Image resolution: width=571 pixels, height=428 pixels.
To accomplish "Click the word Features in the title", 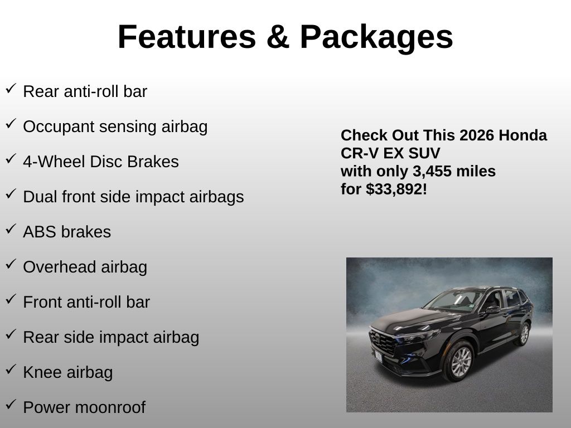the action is click(187, 37).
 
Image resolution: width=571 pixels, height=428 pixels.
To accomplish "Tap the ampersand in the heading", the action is click(278, 37).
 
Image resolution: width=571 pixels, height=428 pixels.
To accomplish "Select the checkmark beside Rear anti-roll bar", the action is click(11, 89).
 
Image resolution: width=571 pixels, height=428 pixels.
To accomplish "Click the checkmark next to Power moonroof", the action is click(11, 404).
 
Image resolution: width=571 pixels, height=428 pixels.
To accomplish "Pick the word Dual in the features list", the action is click(40, 197).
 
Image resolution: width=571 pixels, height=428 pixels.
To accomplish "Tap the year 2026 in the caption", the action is click(477, 135).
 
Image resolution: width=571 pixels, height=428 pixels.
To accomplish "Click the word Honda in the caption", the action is click(522, 135).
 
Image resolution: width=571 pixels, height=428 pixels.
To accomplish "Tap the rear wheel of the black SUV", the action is click(524, 334).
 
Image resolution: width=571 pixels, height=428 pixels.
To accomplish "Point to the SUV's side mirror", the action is click(492, 309).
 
